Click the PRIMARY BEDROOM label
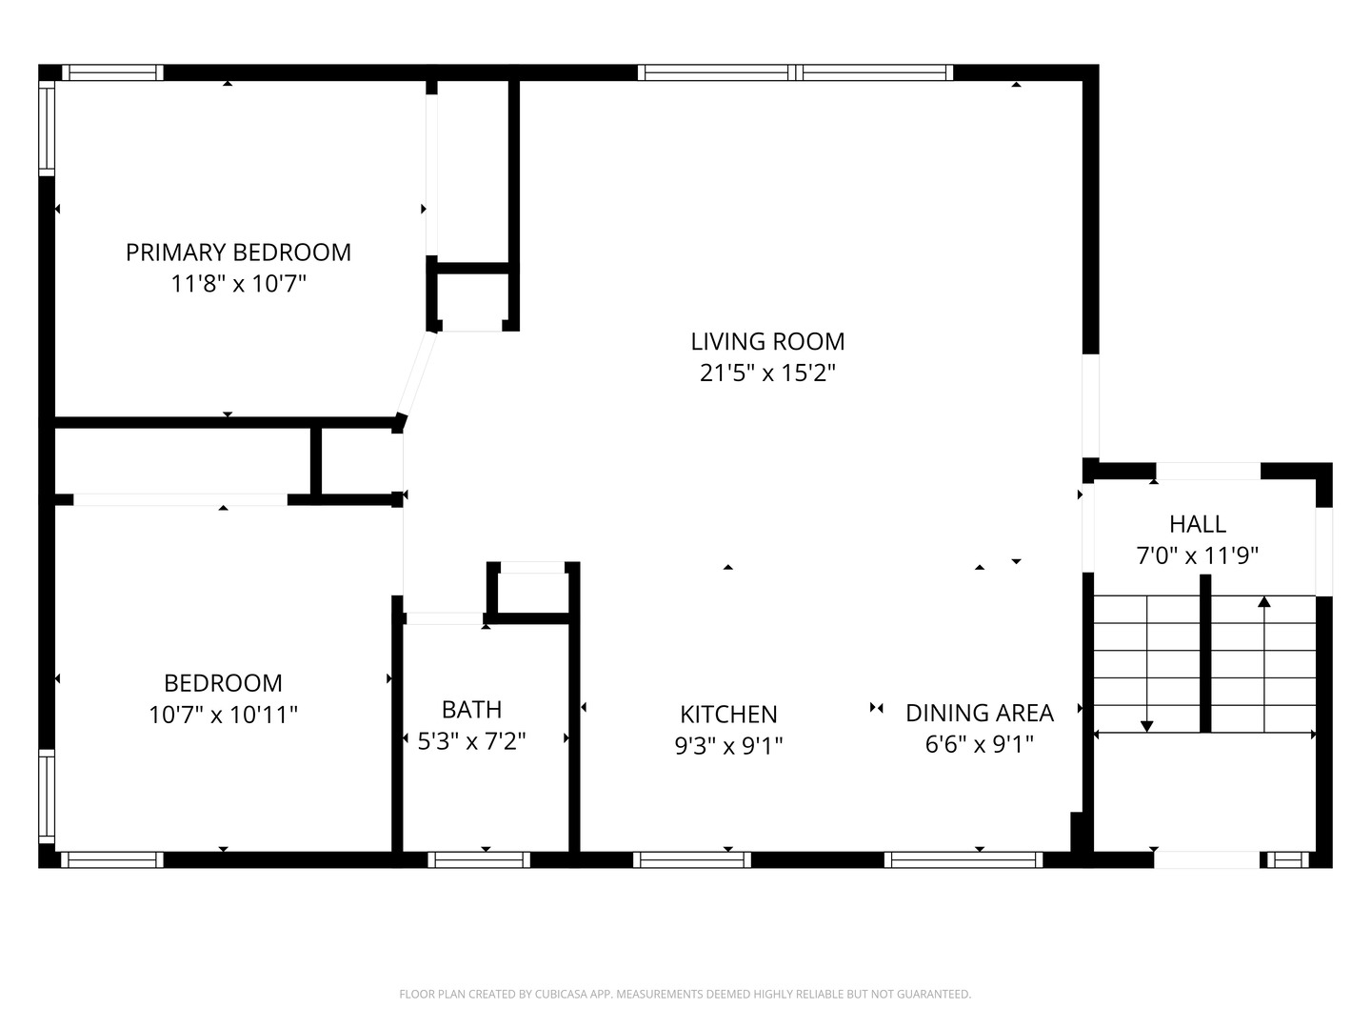(238, 252)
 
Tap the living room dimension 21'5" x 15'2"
(767, 373)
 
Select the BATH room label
(471, 710)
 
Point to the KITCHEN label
(728, 715)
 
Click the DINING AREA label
(980, 713)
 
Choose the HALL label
(1198, 524)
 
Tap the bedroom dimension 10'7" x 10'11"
(223, 715)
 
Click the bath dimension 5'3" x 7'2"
(471, 741)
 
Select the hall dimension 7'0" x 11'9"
(1197, 555)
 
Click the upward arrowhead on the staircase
(1264, 601)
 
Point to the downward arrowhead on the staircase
(1146, 727)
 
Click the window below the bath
(479, 859)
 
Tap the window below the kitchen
(692, 859)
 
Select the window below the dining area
(964, 859)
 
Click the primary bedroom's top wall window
(112, 72)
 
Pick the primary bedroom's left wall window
(47, 129)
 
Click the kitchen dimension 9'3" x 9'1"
(728, 745)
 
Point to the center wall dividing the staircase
(1205, 654)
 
